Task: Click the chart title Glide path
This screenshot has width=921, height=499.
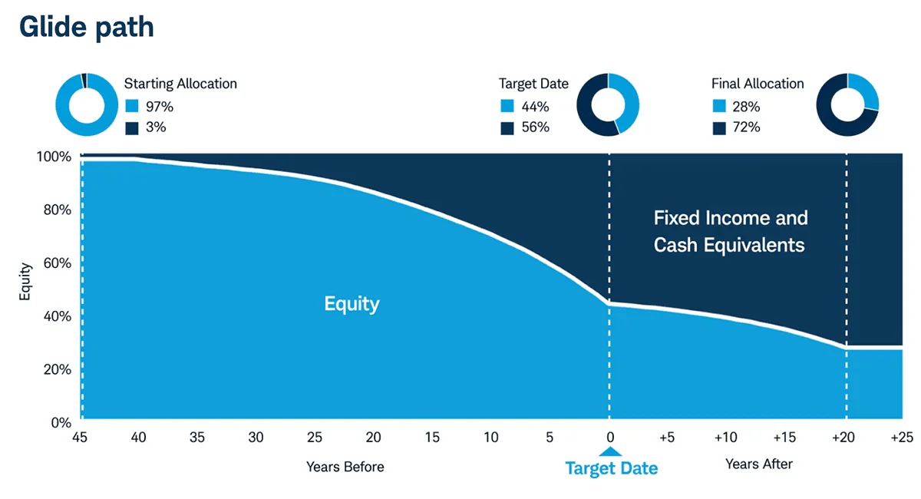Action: tap(86, 27)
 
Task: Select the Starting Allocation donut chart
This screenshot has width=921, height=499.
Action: tap(86, 105)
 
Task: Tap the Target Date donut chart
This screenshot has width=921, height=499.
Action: tap(608, 105)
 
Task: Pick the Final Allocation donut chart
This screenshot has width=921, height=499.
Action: tap(847, 105)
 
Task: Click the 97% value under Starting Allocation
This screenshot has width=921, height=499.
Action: tap(160, 107)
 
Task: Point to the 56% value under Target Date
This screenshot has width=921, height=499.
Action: tap(535, 127)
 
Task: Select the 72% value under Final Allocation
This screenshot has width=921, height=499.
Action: tap(746, 127)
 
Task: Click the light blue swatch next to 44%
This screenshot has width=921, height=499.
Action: tap(507, 107)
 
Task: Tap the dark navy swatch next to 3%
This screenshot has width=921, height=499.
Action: tap(132, 127)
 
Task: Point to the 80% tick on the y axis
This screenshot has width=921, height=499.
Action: tap(55, 210)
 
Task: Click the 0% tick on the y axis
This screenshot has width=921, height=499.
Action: tap(61, 422)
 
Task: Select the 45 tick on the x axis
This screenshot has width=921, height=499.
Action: tap(79, 438)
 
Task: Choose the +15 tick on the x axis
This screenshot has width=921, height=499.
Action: tap(784, 438)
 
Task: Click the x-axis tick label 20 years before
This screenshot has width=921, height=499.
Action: tap(373, 438)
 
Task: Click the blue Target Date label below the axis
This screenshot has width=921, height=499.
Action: tap(611, 468)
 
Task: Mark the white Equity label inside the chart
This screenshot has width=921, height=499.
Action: tap(352, 304)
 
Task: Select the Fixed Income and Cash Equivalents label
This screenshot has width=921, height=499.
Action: tap(730, 231)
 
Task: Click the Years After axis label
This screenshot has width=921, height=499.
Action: tap(758, 464)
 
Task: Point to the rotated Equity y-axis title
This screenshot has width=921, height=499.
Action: tap(25, 282)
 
